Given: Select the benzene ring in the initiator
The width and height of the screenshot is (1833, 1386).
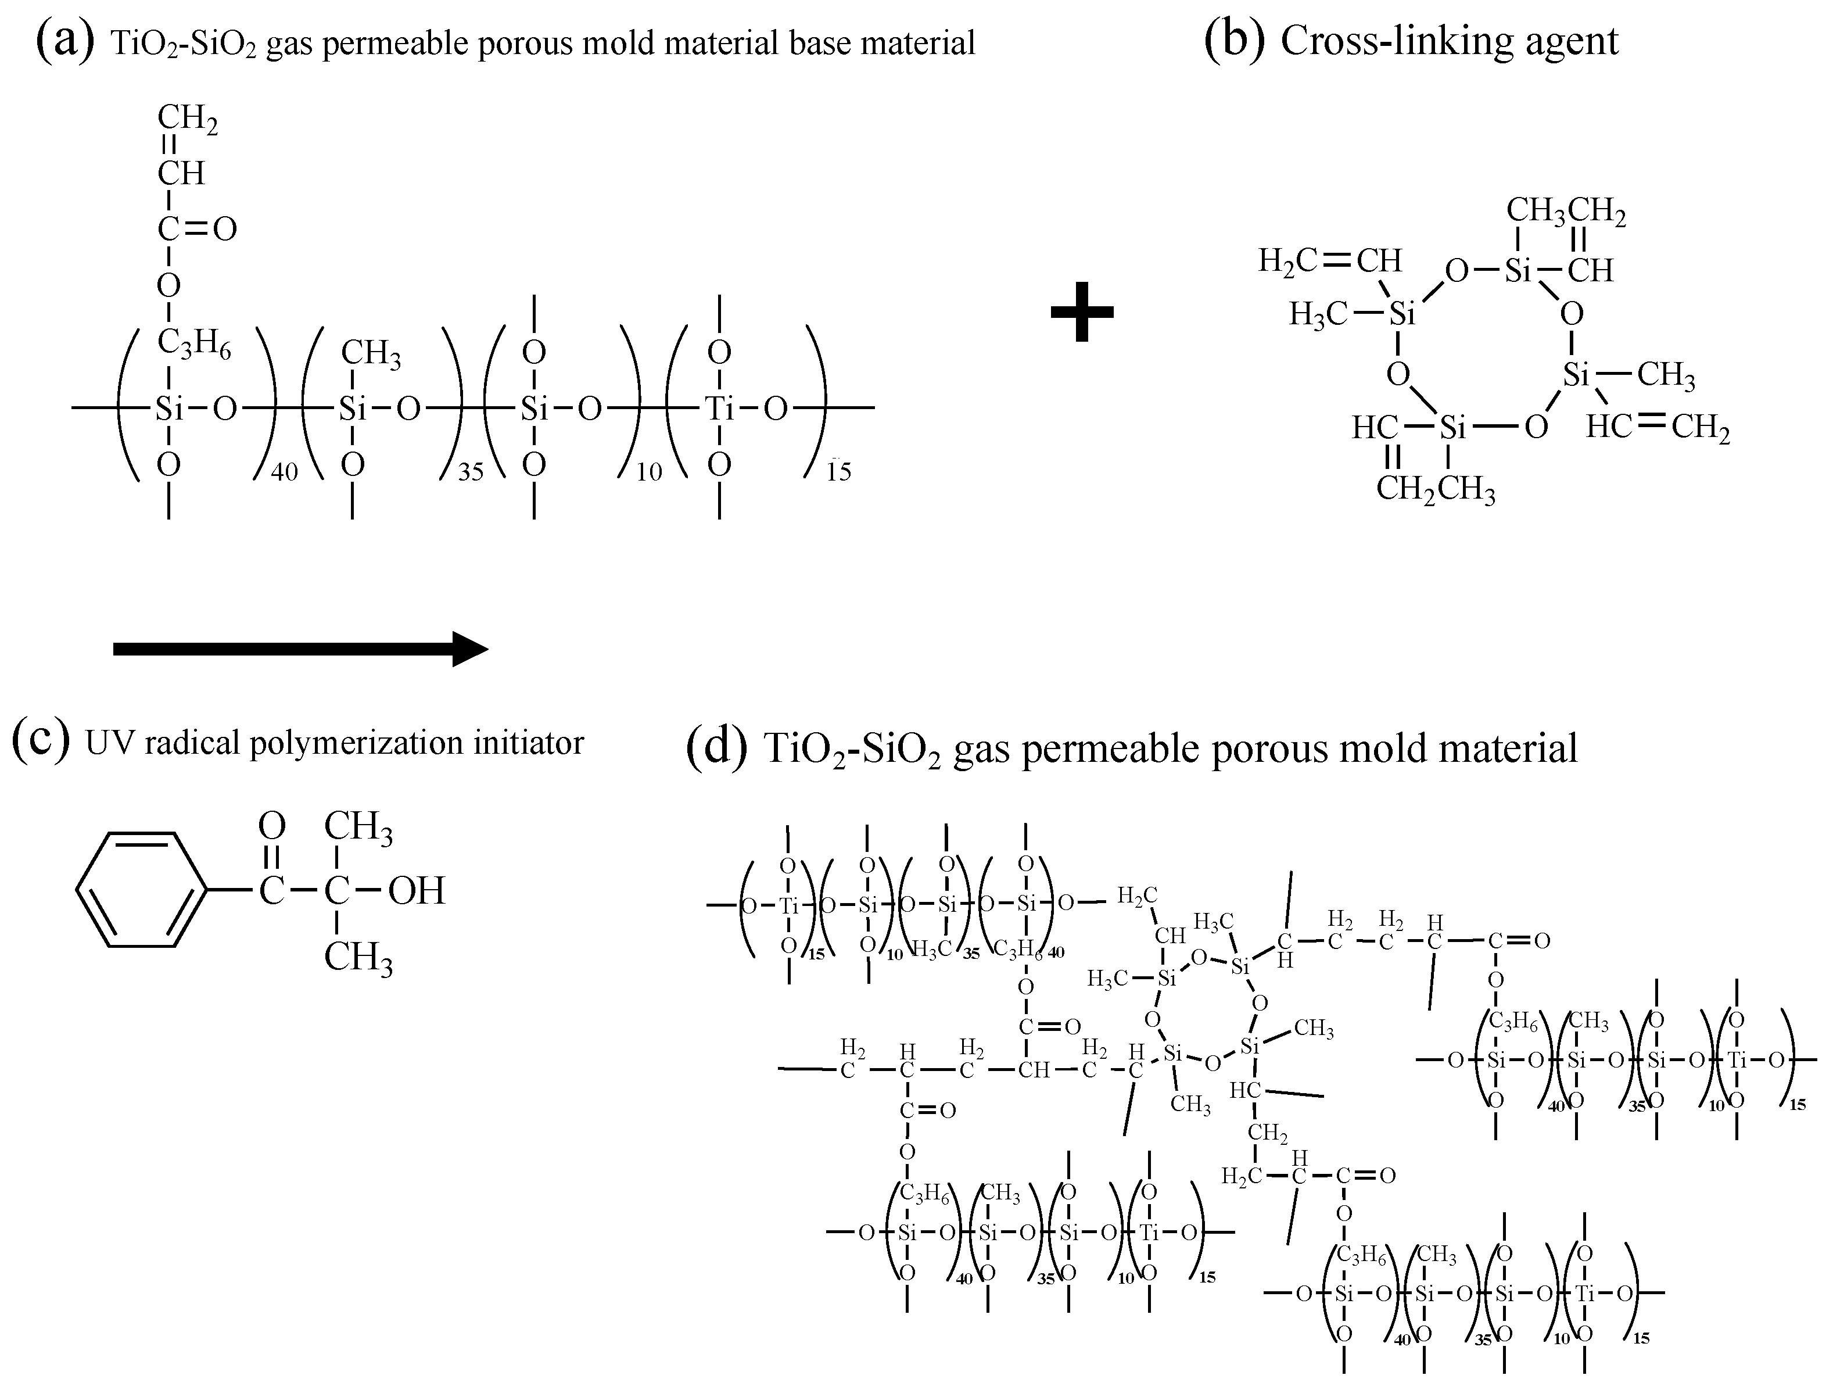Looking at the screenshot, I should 140,890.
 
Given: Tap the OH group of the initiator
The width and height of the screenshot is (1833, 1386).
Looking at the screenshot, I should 417,891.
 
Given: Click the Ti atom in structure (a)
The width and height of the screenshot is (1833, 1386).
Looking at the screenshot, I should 718,408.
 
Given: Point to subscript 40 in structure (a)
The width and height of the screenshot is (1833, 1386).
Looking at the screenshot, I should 284,472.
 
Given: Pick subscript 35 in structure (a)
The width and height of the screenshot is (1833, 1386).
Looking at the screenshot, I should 471,472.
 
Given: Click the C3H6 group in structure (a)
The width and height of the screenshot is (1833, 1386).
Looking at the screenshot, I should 194,342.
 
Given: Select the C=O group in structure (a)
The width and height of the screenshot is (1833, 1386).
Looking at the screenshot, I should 197,229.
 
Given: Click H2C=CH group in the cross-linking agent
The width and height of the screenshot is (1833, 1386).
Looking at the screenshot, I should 1330,260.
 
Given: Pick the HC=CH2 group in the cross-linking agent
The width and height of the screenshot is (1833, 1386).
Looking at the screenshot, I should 1658,427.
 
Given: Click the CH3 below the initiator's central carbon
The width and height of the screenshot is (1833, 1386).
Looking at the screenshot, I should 358,958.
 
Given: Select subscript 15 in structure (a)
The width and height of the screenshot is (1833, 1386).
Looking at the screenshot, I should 838,472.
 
